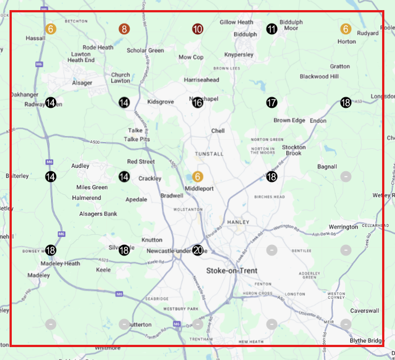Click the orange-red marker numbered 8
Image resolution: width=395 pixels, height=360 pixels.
pyautogui.click(x=124, y=29)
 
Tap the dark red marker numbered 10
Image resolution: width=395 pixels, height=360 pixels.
pyautogui.click(x=197, y=29)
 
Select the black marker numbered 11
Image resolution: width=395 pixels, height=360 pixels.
pyautogui.click(x=272, y=29)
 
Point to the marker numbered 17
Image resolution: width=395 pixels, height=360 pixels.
pyautogui.click(x=272, y=103)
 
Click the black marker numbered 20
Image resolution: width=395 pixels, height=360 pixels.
pyautogui.click(x=197, y=250)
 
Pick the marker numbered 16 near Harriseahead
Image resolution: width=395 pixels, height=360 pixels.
pyautogui.click(x=197, y=103)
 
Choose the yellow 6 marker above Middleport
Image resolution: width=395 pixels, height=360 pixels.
pyautogui.click(x=197, y=176)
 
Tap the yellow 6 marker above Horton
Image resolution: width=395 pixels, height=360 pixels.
pyautogui.click(x=346, y=29)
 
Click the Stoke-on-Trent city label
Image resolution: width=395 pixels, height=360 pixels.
pyautogui.click(x=232, y=271)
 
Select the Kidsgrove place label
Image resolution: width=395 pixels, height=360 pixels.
pyautogui.click(x=161, y=102)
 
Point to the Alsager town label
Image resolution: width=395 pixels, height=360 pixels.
pyautogui.click(x=82, y=83)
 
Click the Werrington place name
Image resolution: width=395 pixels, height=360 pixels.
pyautogui.click(x=343, y=227)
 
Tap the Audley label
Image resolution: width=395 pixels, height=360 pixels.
pyautogui.click(x=80, y=166)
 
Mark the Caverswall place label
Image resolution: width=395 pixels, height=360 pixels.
pyautogui.click(x=365, y=311)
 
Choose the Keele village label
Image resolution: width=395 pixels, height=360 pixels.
pyautogui.click(x=103, y=270)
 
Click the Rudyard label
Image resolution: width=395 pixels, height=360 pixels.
pyautogui.click(x=368, y=33)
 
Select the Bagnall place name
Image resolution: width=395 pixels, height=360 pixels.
pyautogui.click(x=327, y=167)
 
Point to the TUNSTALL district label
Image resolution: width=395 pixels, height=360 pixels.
pyautogui.click(x=209, y=153)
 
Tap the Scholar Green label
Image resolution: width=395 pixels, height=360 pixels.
pyautogui.click(x=145, y=51)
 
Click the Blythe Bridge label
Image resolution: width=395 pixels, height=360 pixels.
pyautogui.click(x=366, y=340)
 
